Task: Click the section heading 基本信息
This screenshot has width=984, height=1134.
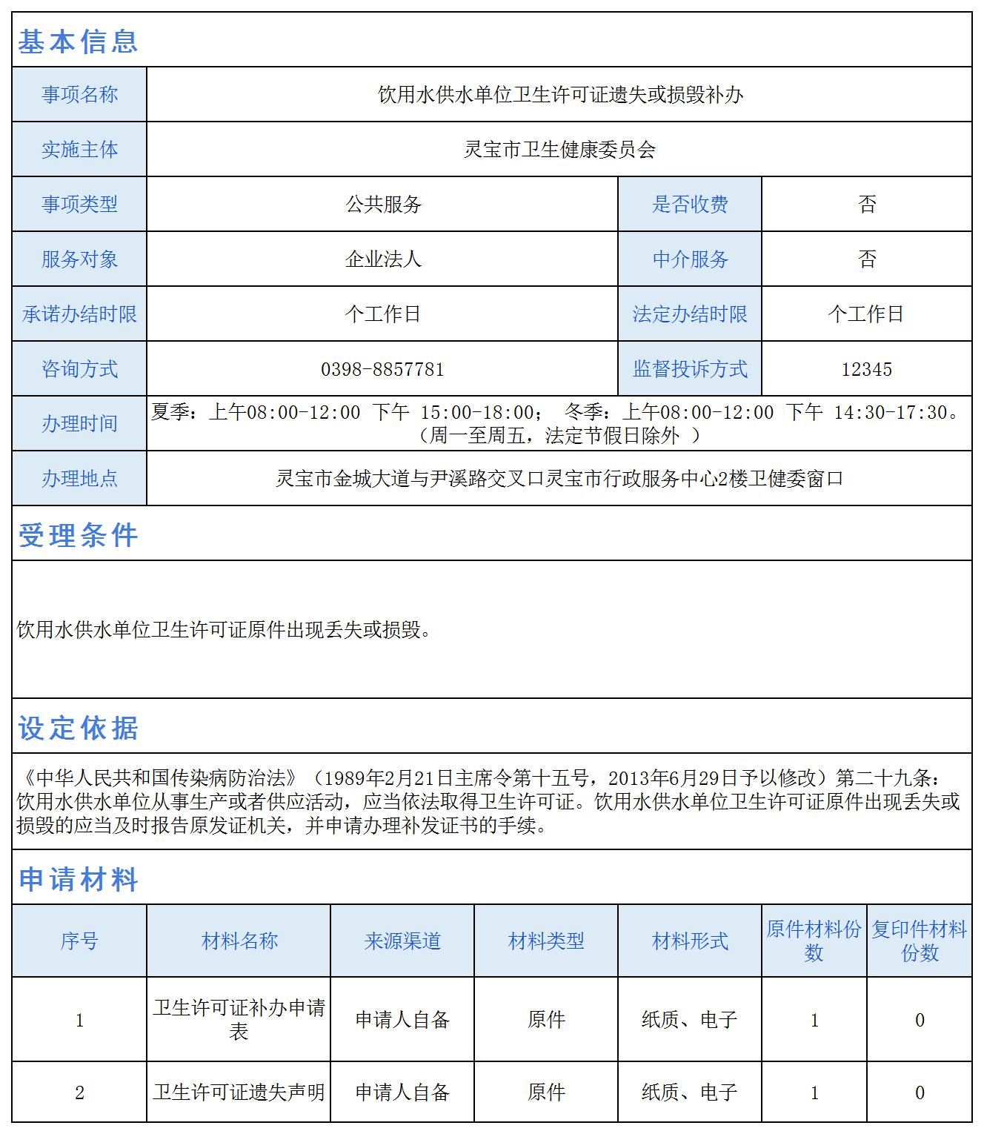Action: (78, 41)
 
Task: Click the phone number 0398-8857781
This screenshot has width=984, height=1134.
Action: (382, 369)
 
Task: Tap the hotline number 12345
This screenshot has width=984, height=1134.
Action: (866, 369)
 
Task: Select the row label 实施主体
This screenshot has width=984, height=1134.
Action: (79, 150)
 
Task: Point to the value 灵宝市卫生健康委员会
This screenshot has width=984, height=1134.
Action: (559, 150)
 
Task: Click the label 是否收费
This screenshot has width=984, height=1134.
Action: (690, 205)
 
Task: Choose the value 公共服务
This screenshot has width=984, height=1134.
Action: (383, 205)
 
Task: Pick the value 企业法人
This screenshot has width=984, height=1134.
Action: (383, 259)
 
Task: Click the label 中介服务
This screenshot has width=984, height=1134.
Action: (690, 259)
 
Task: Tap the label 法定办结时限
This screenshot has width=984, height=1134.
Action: (690, 314)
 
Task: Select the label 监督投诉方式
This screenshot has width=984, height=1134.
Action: (690, 369)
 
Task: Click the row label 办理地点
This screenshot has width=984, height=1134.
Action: (79, 479)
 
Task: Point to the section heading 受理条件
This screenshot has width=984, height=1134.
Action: (78, 535)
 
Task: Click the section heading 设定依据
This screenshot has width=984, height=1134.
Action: (78, 728)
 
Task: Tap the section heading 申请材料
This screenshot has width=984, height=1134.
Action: (78, 879)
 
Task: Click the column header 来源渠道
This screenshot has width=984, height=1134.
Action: (402, 941)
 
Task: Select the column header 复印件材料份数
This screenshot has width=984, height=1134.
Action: (919, 941)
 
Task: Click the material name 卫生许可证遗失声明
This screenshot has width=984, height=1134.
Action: (239, 1092)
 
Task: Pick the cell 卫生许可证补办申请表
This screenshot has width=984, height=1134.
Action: (239, 1020)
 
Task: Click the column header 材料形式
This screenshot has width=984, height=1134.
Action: (690, 941)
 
